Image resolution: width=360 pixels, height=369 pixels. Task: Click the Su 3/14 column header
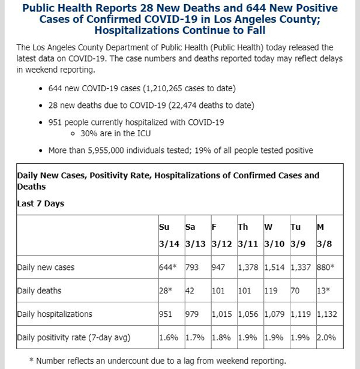(169, 235)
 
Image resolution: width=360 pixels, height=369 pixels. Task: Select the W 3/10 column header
(274, 235)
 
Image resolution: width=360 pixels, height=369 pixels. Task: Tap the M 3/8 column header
(324, 235)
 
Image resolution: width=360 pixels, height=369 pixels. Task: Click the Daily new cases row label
(46, 268)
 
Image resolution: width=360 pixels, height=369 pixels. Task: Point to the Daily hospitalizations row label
(55, 314)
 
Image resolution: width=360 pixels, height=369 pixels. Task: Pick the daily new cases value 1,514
(274, 268)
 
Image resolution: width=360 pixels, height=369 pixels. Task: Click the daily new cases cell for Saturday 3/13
(192, 268)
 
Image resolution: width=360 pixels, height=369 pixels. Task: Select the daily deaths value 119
(271, 291)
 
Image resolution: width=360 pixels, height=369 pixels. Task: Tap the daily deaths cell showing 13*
(323, 291)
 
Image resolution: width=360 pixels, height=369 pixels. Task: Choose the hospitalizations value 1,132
(327, 314)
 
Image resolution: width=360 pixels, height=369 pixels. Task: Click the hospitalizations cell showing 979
(192, 314)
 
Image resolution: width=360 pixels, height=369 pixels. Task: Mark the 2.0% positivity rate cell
(326, 338)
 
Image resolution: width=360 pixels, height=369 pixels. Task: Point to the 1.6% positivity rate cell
(169, 338)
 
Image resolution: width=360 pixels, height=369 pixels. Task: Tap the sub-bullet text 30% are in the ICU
(116, 133)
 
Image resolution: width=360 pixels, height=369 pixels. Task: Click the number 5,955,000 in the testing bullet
(106, 151)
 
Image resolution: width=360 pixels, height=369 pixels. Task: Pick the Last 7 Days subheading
(40, 203)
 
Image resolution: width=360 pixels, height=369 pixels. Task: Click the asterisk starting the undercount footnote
(32, 360)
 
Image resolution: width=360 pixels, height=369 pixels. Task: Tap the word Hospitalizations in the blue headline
(137, 31)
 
